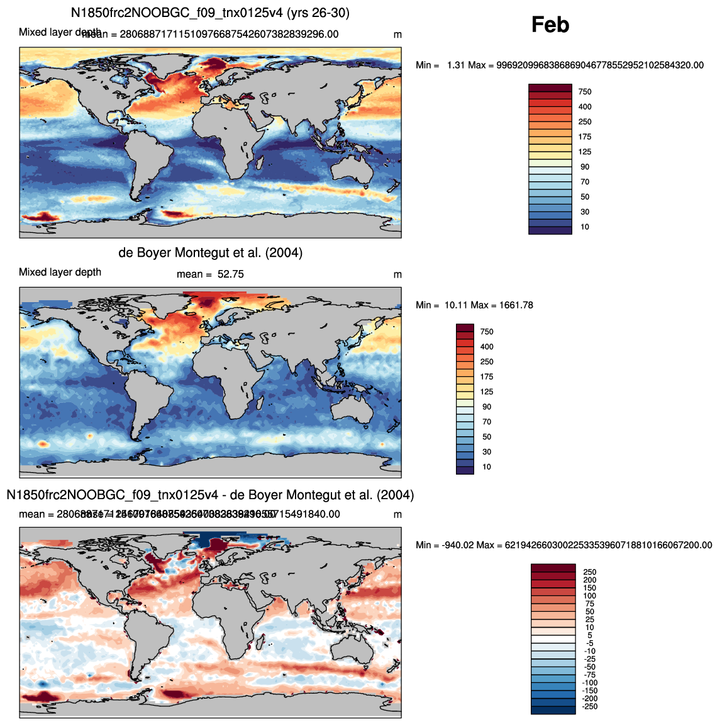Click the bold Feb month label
pos(550,25)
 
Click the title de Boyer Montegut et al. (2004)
pos(210,253)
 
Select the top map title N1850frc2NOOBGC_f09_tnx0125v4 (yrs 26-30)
pos(210,13)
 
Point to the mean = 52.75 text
pos(210,274)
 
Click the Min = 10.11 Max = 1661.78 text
pos(474,305)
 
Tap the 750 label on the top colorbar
pos(585,92)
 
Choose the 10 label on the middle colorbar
pos(487,467)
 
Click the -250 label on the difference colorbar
pos(589,707)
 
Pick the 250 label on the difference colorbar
pos(589,572)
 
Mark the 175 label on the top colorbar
pos(585,137)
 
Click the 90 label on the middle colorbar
pos(487,407)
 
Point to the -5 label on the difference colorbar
pos(589,643)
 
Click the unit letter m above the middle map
pos(397,274)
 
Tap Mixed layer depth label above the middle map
pos(60,272)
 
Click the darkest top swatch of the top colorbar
pos(550,87)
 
